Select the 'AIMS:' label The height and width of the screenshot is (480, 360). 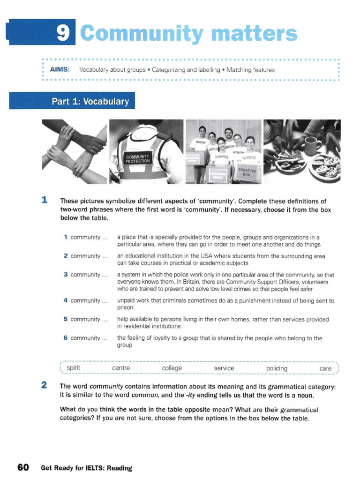point(60,70)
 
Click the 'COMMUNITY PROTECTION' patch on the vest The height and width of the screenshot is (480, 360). point(137,158)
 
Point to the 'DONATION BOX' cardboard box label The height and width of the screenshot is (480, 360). point(247,173)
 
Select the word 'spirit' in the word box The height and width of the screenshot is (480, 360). point(73,368)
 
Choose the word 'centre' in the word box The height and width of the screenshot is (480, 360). point(121,368)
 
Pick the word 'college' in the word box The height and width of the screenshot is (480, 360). point(172,368)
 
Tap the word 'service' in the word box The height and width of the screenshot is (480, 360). point(224,368)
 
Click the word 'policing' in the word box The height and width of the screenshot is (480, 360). point(277,368)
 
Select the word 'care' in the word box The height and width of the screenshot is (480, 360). point(325,368)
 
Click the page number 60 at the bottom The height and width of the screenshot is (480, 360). point(23,467)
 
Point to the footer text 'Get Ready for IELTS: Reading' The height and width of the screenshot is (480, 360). point(86,468)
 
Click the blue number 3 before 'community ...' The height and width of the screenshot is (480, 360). point(66,275)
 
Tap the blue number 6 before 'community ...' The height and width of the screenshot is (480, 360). point(66,338)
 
